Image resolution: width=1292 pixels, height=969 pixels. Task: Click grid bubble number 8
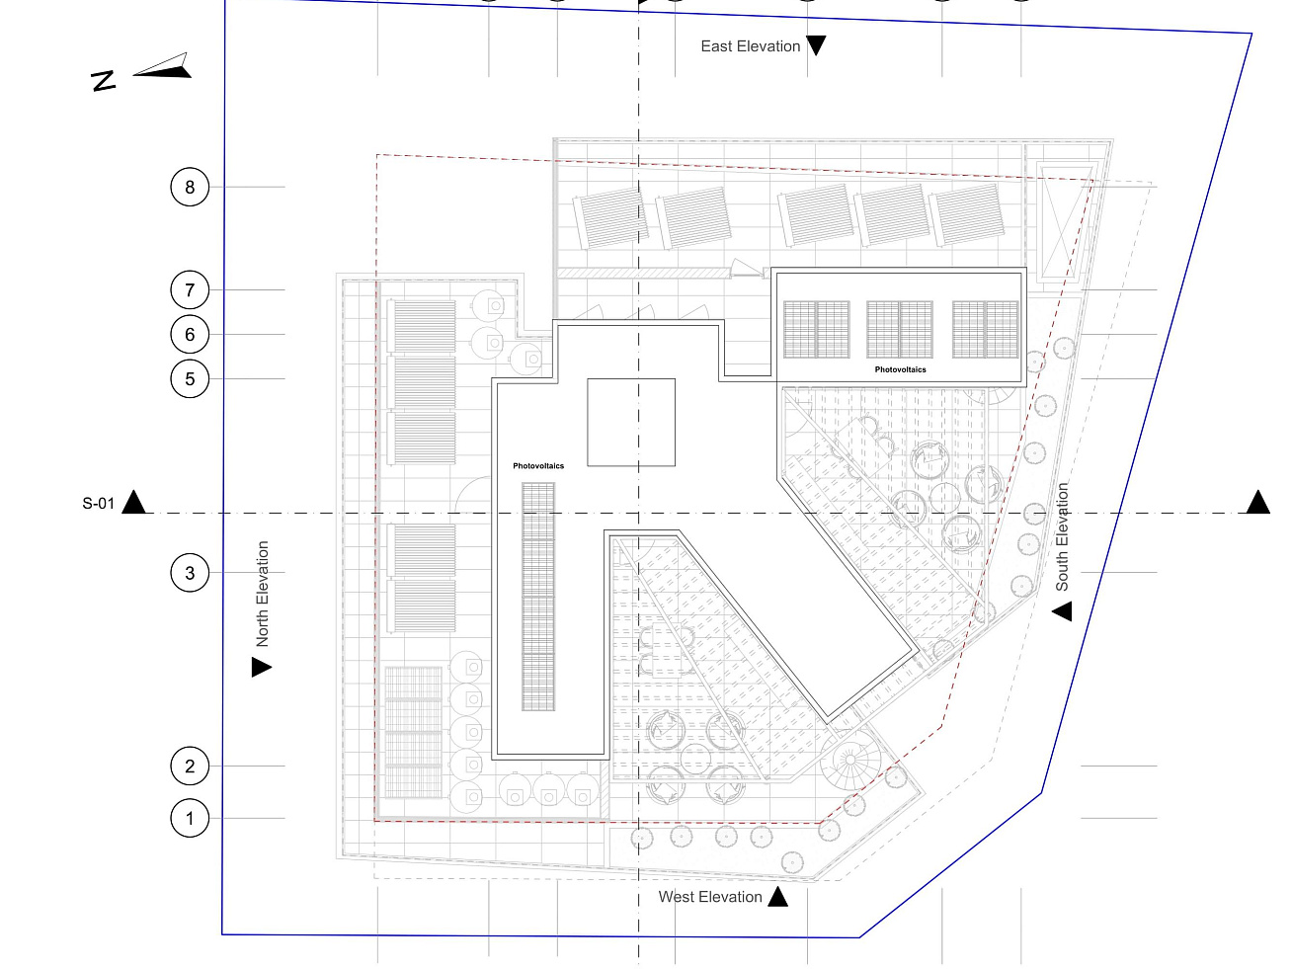(190, 187)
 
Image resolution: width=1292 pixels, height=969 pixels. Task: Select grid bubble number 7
(190, 290)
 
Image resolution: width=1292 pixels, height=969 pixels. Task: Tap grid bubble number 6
(190, 335)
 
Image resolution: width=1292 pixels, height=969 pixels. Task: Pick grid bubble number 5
(190, 379)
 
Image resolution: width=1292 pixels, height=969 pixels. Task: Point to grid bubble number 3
(190, 573)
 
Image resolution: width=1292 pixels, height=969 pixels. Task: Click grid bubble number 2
(190, 767)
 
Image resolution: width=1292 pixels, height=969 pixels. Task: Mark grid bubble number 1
(190, 819)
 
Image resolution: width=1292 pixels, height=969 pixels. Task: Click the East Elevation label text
(750, 46)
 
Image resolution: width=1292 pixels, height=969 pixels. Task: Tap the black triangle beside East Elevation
(816, 45)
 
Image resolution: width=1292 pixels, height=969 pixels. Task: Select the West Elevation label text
(710, 897)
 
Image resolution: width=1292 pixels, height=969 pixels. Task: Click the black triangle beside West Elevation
(778, 897)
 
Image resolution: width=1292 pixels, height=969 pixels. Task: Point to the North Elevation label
(263, 594)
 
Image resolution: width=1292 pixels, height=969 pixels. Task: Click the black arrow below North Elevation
(261, 668)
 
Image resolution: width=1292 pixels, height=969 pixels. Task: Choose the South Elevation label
(1063, 536)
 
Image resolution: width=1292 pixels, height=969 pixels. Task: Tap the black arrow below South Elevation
(1062, 611)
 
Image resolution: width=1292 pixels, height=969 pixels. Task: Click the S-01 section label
(98, 504)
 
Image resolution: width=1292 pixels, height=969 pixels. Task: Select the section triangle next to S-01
(134, 502)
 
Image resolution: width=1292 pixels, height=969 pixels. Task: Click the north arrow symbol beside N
(163, 67)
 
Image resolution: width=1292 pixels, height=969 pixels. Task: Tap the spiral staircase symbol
(851, 762)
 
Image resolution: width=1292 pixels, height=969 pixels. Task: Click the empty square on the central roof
(631, 422)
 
